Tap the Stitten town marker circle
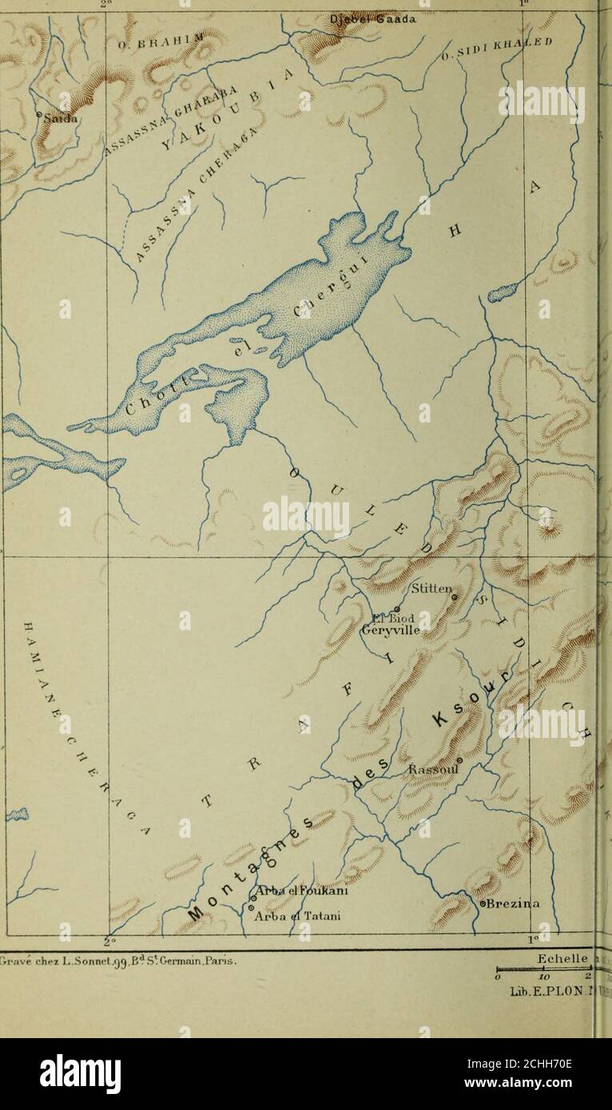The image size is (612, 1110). [455, 597]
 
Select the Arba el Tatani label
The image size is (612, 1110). [296, 916]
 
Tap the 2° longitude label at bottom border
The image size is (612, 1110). [109, 937]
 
